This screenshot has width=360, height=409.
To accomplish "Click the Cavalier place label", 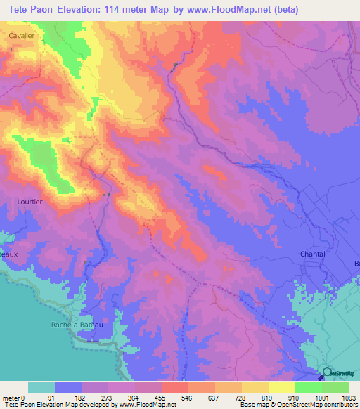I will (22, 34).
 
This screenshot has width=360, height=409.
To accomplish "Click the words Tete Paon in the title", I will (34, 10).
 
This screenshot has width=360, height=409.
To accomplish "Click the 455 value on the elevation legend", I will (161, 398).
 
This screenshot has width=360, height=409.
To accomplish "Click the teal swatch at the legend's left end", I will (41, 387).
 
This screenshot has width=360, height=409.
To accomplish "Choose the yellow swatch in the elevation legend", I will (281, 387).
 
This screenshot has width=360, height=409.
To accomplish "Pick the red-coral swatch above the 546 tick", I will (174, 387).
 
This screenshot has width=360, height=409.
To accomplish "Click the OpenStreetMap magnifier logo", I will (327, 374).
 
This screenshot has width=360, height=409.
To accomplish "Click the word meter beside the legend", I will (10, 398).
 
